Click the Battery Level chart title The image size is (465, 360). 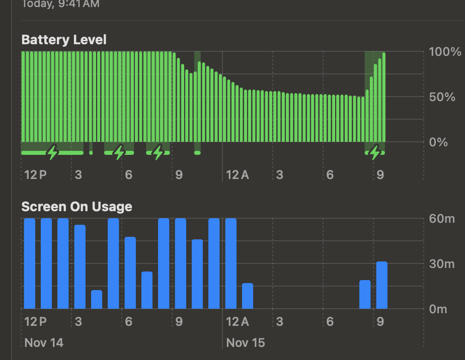64,40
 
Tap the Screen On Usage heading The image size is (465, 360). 76,207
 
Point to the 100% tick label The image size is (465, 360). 445,52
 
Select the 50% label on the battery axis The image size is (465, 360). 441,97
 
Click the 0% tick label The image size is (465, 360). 438,142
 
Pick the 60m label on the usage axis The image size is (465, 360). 441,219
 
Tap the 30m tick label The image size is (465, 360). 441,264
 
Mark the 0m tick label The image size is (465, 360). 438,309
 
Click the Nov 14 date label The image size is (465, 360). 44,343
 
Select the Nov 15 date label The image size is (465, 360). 246,343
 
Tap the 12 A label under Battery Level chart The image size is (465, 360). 238,175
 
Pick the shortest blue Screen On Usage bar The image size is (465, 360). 97,300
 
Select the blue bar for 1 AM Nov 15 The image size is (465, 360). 248,296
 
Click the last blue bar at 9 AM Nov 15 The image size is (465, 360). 382,285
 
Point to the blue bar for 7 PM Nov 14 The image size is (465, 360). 147,290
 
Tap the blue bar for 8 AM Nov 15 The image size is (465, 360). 365,295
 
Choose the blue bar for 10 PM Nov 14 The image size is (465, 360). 197,274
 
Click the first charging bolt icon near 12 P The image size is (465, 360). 52,152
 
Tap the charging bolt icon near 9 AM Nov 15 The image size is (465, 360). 374,152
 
